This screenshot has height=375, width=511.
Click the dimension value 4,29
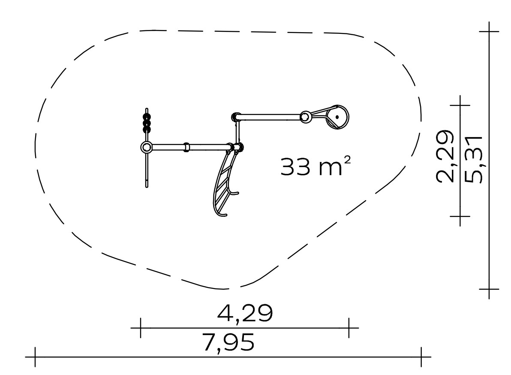pos(245,313)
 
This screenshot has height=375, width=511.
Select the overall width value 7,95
pos(228,342)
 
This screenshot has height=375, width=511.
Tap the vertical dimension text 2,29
pos(445,156)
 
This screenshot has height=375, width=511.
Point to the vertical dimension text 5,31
pos(474,160)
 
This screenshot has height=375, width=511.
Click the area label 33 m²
pos(316,166)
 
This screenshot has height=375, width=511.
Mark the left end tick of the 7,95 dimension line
pos(35,357)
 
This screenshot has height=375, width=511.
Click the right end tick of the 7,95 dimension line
pos(421,357)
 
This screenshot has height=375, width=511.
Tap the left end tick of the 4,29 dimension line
pos(141,328)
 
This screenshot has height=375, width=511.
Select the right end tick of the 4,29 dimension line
pos(349,328)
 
